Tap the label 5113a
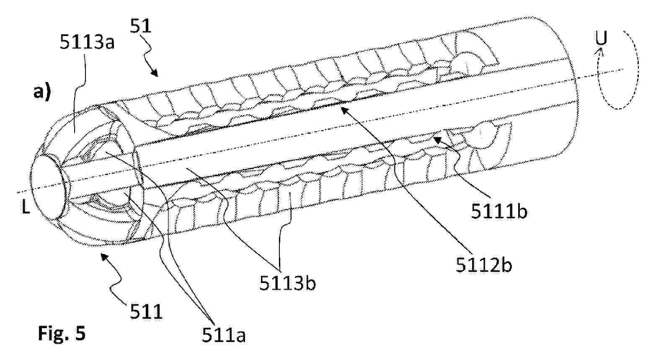pos(87,42)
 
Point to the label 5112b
pos(484,265)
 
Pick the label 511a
pos(224,334)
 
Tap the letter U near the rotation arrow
pos(601,39)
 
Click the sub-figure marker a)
pos(42,92)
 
